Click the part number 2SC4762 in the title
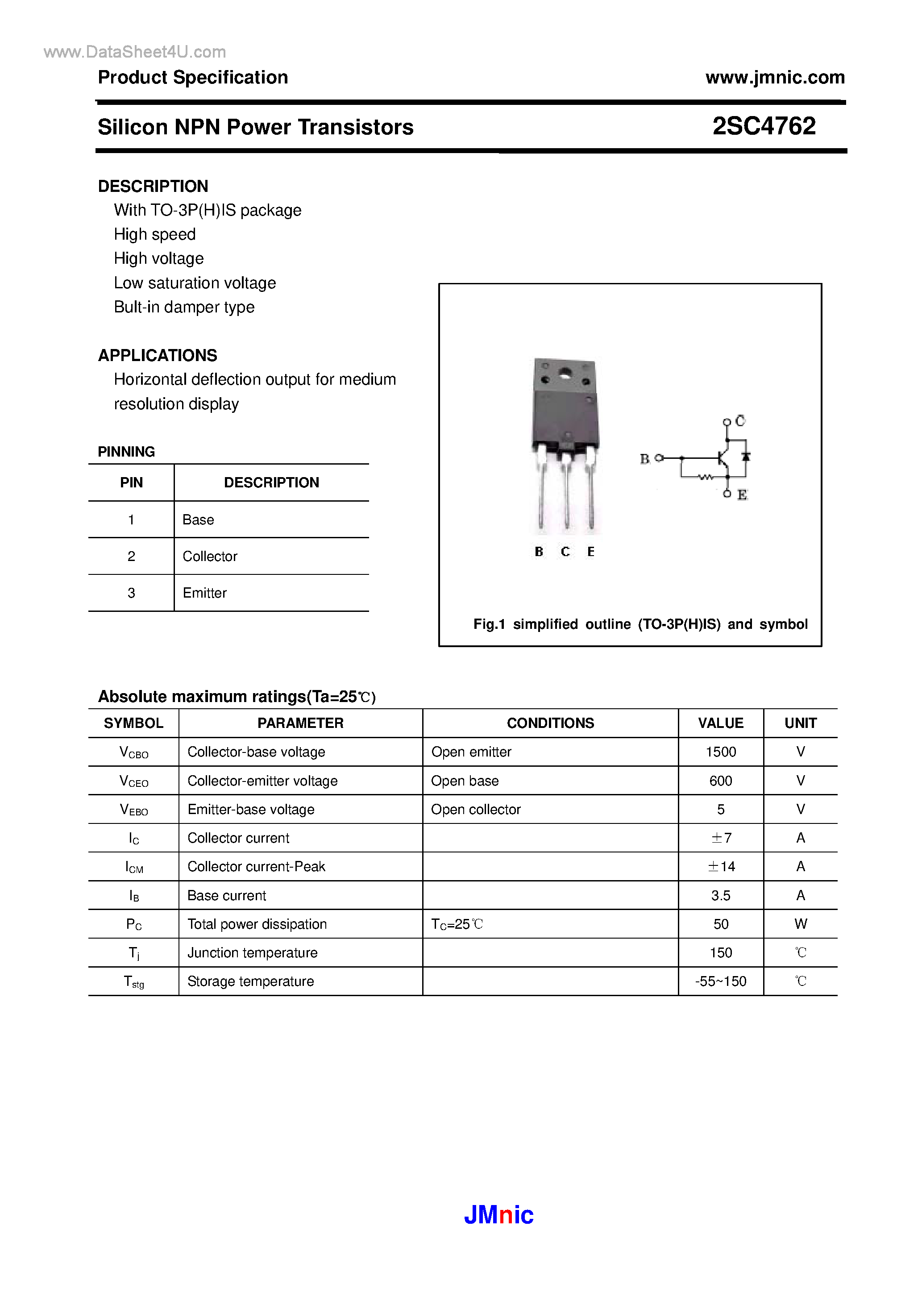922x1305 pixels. [x=764, y=126]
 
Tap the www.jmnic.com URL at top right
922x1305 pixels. [x=775, y=77]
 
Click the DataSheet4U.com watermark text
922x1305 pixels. [x=135, y=52]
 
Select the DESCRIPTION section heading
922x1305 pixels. [x=153, y=187]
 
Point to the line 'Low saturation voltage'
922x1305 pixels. [x=195, y=283]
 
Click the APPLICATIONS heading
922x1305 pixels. [x=158, y=355]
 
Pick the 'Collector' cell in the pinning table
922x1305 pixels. [x=210, y=557]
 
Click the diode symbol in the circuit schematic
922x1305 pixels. [x=746, y=457]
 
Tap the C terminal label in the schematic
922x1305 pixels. [x=740, y=420]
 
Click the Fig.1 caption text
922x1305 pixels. [x=640, y=624]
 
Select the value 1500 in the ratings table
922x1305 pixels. [x=720, y=752]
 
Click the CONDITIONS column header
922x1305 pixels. [x=550, y=723]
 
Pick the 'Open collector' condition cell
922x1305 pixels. [x=475, y=809]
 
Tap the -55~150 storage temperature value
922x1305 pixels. [x=720, y=981]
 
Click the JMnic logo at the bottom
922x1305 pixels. [x=498, y=1215]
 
